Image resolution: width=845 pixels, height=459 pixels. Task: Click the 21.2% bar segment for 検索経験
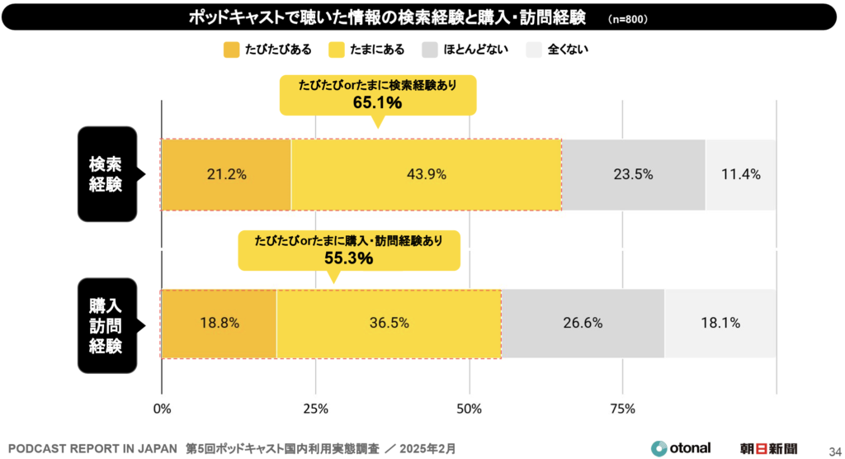226,174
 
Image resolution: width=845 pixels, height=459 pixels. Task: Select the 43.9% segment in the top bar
426,174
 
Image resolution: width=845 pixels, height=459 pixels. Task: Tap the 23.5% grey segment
633,174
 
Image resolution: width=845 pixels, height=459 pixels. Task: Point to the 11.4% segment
740,174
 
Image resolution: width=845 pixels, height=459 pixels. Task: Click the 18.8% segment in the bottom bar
219,324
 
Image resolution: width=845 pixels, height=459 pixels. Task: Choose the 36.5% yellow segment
389,324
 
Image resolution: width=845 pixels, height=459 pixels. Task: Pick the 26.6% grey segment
583,324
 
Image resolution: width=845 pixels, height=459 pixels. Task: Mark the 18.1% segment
720,324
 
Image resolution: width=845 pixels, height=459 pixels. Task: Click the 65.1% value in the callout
377,103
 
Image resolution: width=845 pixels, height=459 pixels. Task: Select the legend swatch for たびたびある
231,50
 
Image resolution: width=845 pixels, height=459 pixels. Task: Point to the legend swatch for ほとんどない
430,50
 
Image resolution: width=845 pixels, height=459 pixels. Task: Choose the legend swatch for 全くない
534,50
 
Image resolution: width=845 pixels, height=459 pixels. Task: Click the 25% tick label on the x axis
316,409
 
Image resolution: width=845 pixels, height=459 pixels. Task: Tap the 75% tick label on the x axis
623,409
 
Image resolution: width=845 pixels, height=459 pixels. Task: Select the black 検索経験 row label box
107,174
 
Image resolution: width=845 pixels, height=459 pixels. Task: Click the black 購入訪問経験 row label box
107,324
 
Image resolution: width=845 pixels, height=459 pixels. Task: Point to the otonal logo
681,448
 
